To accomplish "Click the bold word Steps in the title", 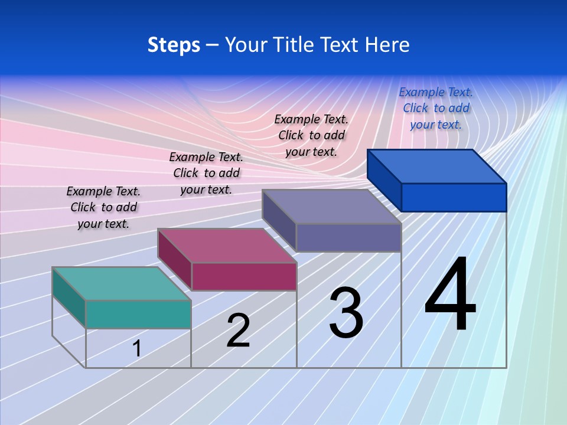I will [174, 45].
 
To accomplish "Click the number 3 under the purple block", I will [346, 313].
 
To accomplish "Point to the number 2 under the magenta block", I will [238, 331].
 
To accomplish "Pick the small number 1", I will [137, 348].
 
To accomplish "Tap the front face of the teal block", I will [138, 314].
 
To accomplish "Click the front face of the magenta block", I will [244, 276].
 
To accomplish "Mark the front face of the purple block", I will [348, 237].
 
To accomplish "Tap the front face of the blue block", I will [454, 197].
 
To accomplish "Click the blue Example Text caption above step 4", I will [436, 108].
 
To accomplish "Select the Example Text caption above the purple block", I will [311, 135].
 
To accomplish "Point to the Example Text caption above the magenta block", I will [206, 173].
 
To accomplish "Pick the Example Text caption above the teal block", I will [103, 207].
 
